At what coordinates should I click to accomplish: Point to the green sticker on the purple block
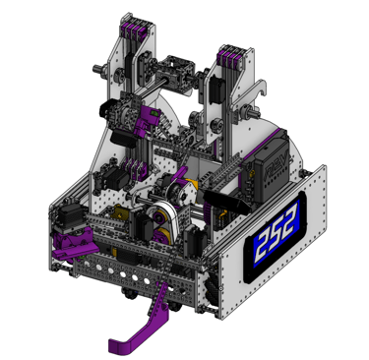coord(154,113)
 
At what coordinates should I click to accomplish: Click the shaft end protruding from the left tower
coord(97,69)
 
